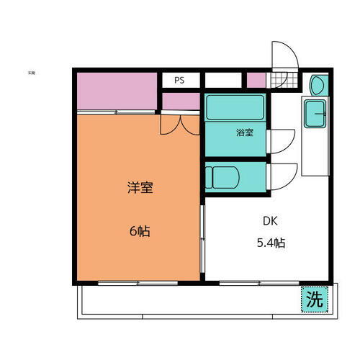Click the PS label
click(x=179, y=81)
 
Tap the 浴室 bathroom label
click(x=244, y=132)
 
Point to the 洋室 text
click(x=140, y=189)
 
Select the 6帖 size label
click(x=140, y=232)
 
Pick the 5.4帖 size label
click(x=270, y=243)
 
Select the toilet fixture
click(x=217, y=177)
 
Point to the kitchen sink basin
click(x=315, y=113)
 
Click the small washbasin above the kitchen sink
click(x=318, y=86)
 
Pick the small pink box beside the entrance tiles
click(x=256, y=81)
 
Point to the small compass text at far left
click(x=32, y=73)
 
